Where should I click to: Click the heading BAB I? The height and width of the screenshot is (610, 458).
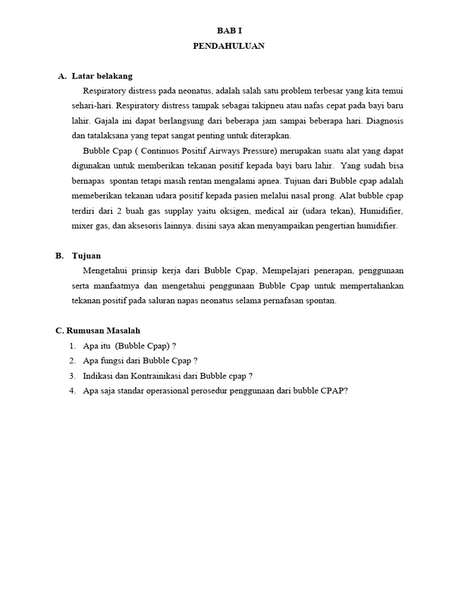(229, 30)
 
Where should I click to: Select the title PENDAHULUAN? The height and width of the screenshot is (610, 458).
(229, 46)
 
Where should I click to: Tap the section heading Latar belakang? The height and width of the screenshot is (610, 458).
(102, 76)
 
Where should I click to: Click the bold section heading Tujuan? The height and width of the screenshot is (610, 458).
(86, 256)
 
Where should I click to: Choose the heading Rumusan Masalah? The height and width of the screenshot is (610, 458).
(106, 331)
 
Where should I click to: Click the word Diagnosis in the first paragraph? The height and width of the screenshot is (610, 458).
(383, 121)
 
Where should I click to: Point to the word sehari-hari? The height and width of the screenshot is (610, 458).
(91, 106)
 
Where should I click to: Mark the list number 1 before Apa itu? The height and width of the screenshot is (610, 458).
(72, 346)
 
